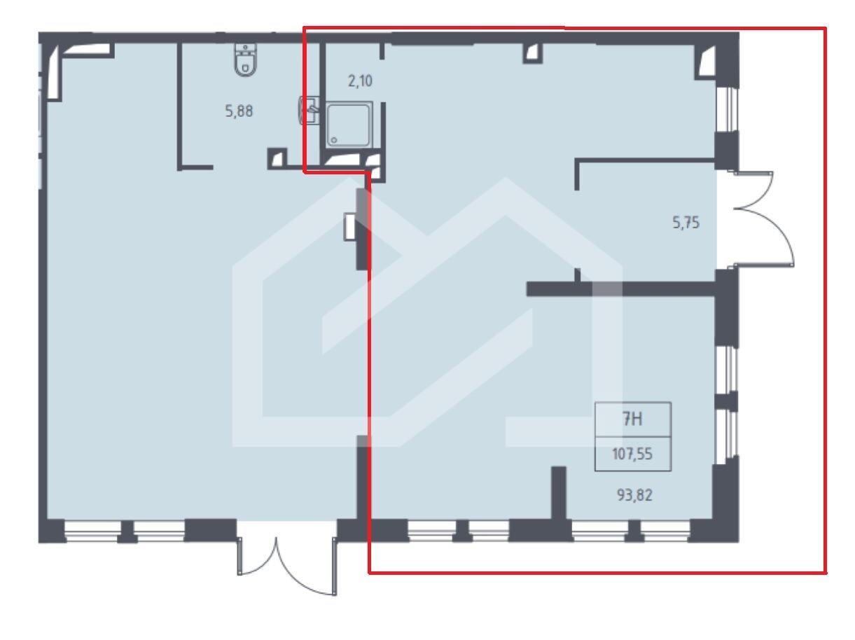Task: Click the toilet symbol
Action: click(x=245, y=60)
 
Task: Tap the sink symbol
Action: click(x=309, y=110)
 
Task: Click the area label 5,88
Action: click(x=239, y=111)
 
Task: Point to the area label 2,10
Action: click(x=360, y=81)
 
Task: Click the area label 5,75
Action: click(x=686, y=223)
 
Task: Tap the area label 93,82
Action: click(x=634, y=495)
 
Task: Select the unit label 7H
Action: click(x=632, y=419)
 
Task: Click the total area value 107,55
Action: click(x=632, y=454)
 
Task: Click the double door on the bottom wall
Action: click(x=287, y=566)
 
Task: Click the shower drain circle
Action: click(x=334, y=140)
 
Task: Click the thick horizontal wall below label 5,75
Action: click(x=621, y=289)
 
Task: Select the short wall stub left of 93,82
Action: click(x=559, y=493)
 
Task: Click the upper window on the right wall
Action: click(x=726, y=110)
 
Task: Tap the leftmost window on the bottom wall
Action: click(x=92, y=531)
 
